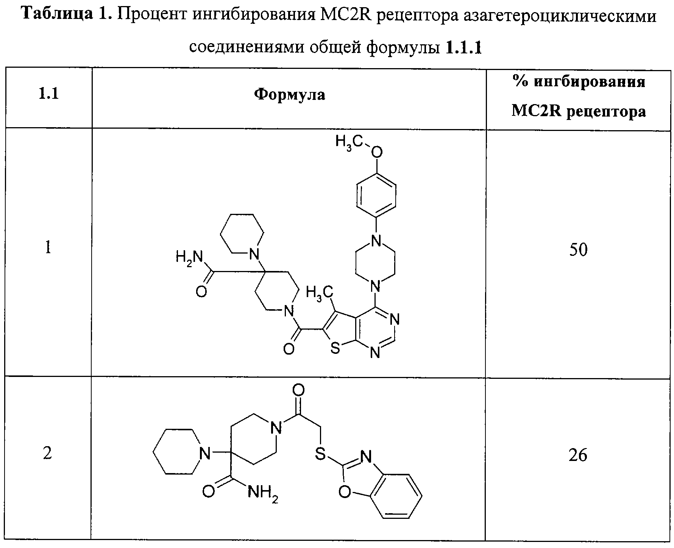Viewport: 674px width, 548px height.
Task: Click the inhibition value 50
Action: point(578,250)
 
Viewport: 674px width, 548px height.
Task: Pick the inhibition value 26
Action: point(578,454)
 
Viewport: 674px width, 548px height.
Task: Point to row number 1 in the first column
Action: point(48,248)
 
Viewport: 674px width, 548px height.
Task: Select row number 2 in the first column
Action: point(47,453)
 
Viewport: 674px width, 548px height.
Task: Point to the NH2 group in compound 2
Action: point(263,493)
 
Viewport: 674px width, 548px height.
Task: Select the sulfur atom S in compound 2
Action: point(320,454)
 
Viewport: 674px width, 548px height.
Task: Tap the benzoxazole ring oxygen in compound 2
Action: point(344,492)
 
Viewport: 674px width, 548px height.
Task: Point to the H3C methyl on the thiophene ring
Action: point(319,293)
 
